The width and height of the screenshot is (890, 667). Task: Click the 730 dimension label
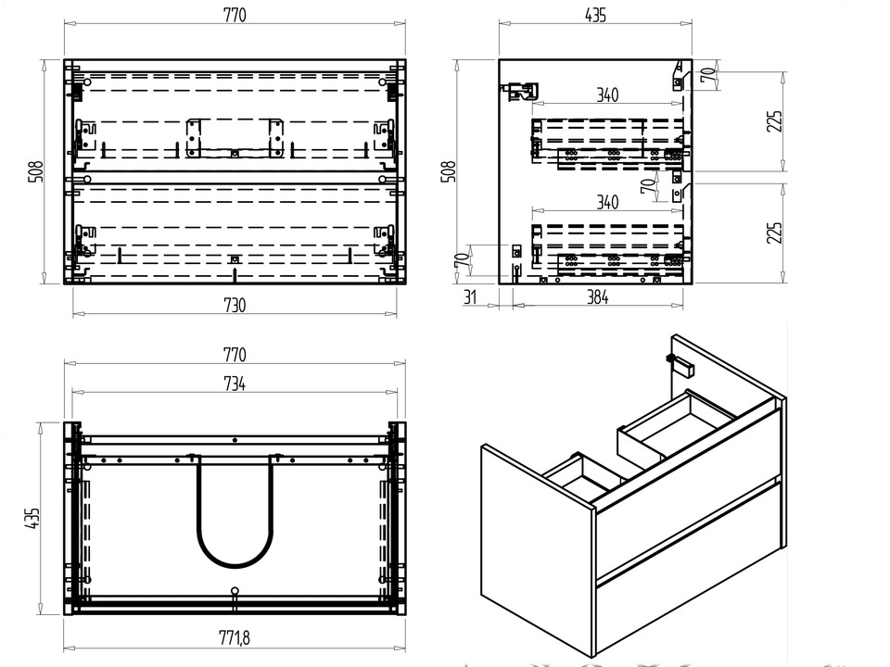point(235,307)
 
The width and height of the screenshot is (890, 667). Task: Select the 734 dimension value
point(235,384)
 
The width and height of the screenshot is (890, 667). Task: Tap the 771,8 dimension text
point(235,637)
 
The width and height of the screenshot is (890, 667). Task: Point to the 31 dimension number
point(469,298)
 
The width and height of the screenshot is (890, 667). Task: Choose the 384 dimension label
point(597,298)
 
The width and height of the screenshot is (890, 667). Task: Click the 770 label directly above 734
point(235,355)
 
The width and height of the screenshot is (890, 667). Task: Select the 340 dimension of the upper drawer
point(607,94)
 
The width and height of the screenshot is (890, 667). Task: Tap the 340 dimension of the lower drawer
point(607,203)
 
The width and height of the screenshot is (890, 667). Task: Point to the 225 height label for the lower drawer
point(775,233)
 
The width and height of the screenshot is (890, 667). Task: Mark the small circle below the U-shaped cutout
point(235,589)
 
